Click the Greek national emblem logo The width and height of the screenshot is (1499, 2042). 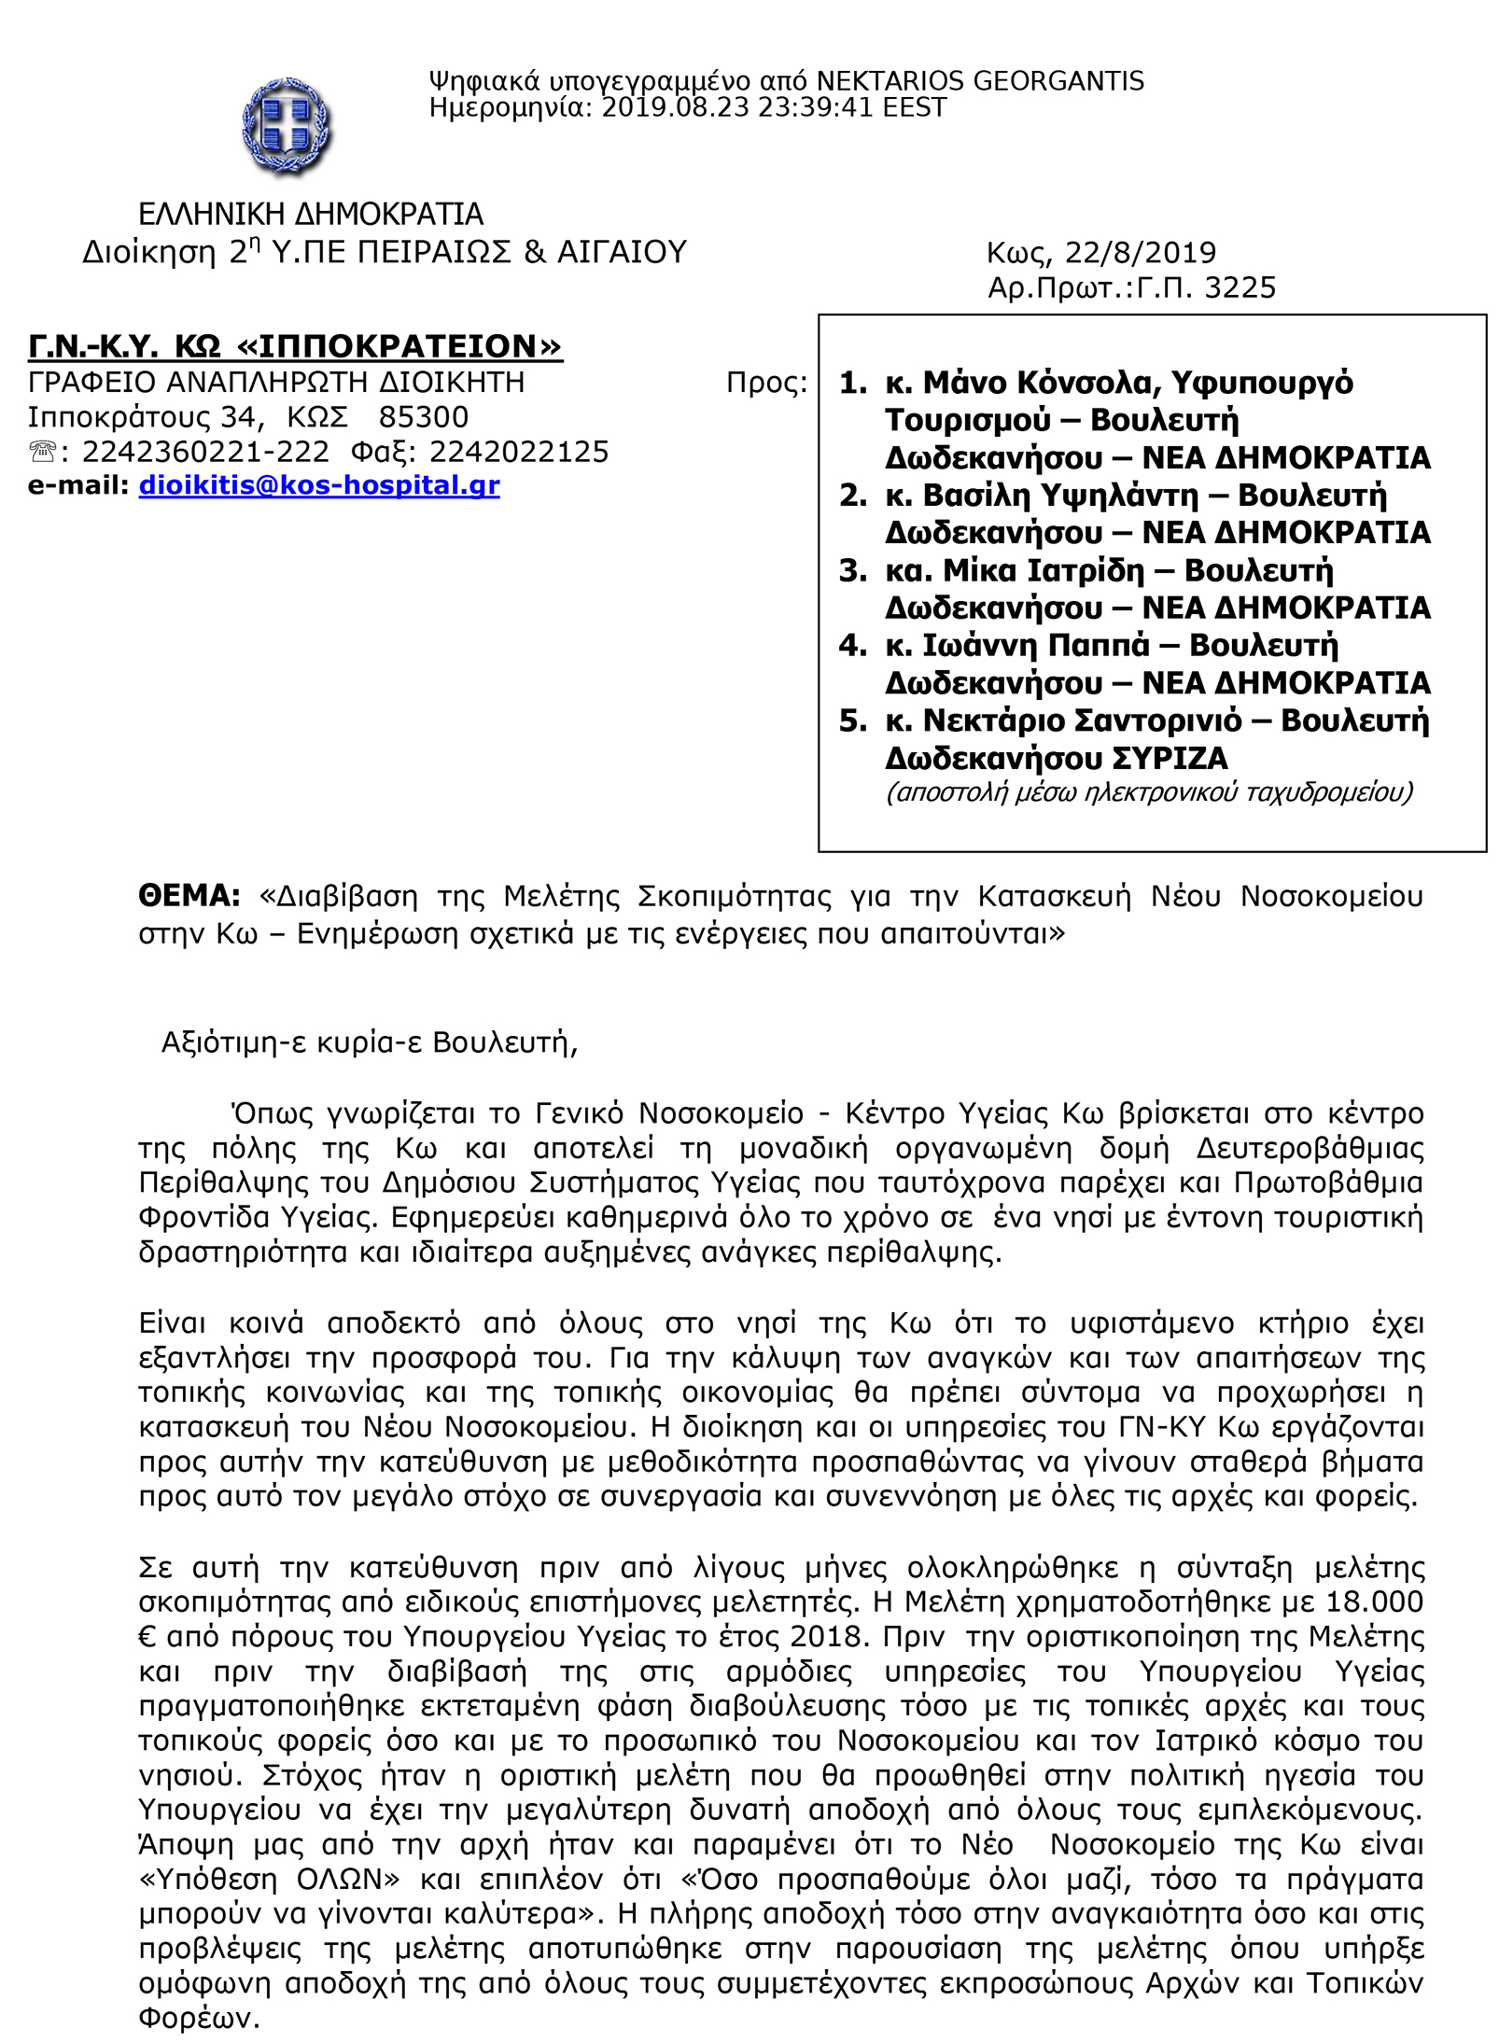coord(287,126)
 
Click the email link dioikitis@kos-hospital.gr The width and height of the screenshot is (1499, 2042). coord(319,485)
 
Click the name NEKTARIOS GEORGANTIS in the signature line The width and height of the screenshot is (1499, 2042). coord(980,81)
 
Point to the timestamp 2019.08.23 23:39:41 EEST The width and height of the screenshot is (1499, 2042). coord(774,108)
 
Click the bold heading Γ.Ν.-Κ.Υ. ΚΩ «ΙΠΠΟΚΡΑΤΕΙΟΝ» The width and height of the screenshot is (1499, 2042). coord(295,346)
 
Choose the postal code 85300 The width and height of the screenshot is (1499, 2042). coord(424,417)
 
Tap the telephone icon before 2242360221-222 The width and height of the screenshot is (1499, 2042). coord(43,453)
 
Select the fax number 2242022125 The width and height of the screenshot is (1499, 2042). coord(519,452)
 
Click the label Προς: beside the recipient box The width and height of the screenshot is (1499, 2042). coord(766,383)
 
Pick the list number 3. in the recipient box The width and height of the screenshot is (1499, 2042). coord(852,570)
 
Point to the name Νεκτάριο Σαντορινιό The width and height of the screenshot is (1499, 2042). coord(1082,720)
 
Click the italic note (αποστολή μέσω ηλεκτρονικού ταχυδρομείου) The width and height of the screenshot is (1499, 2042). coord(1149,792)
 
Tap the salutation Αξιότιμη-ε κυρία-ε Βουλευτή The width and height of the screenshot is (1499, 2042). coord(370,1042)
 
